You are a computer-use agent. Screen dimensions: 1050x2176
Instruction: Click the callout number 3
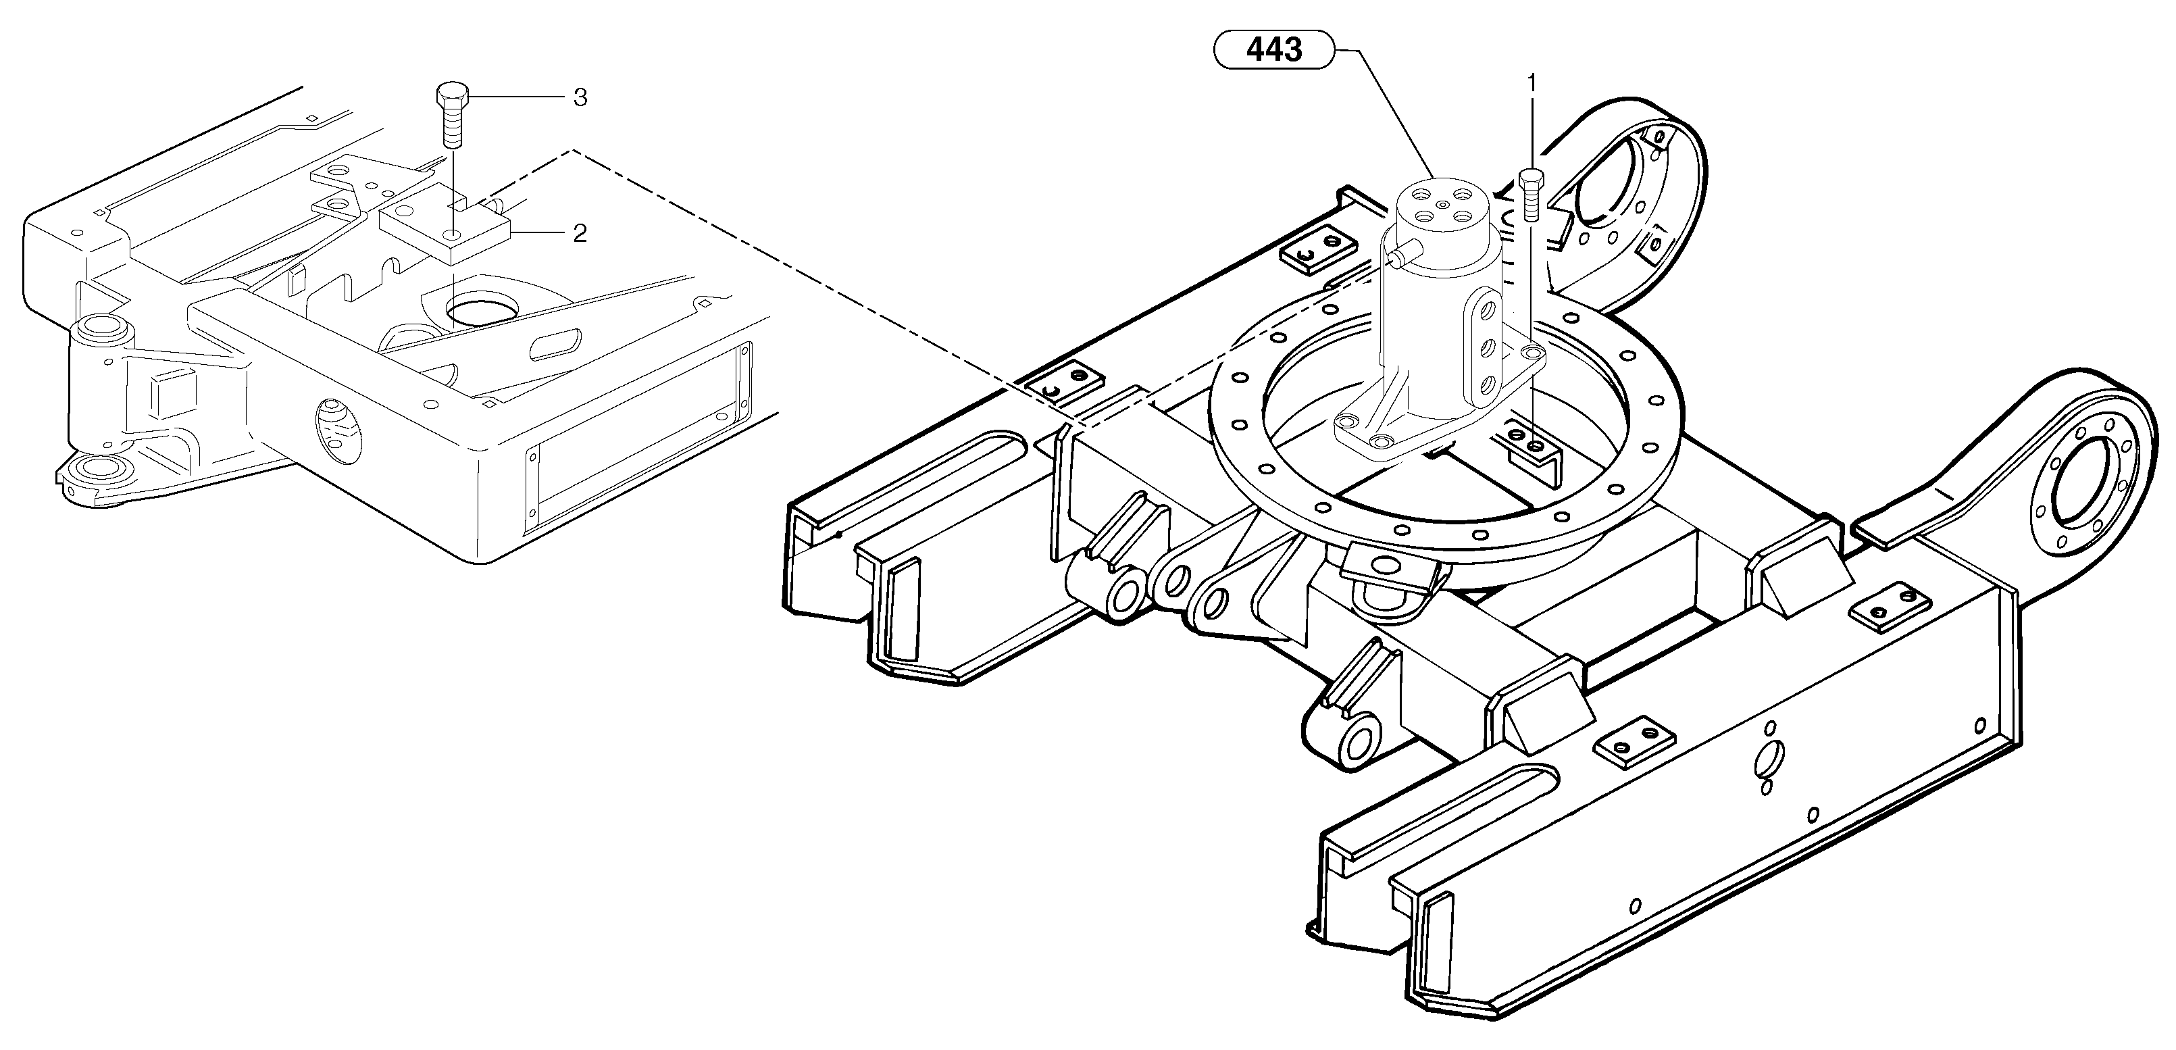coord(580,98)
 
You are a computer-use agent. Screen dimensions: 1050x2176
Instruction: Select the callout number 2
coord(580,233)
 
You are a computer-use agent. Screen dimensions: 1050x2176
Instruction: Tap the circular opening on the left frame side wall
coord(338,432)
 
